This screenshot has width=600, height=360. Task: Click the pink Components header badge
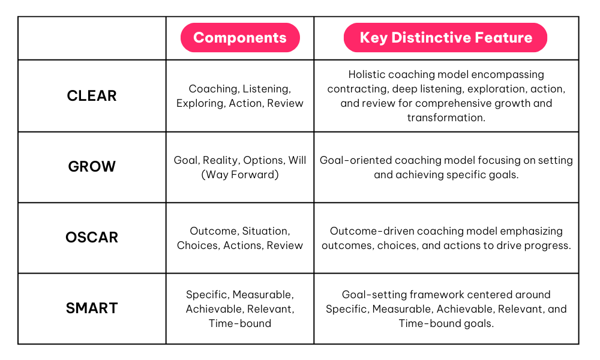click(240, 37)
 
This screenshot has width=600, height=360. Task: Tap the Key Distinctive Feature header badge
click(445, 37)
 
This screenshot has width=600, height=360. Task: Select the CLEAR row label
click(92, 95)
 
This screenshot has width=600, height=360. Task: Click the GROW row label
click(92, 166)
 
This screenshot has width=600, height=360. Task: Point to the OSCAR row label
click(92, 237)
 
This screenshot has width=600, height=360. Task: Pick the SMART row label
click(92, 308)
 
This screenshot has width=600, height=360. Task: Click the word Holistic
click(365, 74)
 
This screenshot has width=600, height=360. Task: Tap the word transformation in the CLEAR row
click(446, 118)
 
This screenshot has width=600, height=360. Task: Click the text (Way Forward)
click(240, 175)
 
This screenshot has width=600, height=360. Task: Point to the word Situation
click(266, 231)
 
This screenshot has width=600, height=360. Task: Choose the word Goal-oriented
click(355, 160)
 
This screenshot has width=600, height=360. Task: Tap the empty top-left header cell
click(92, 38)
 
